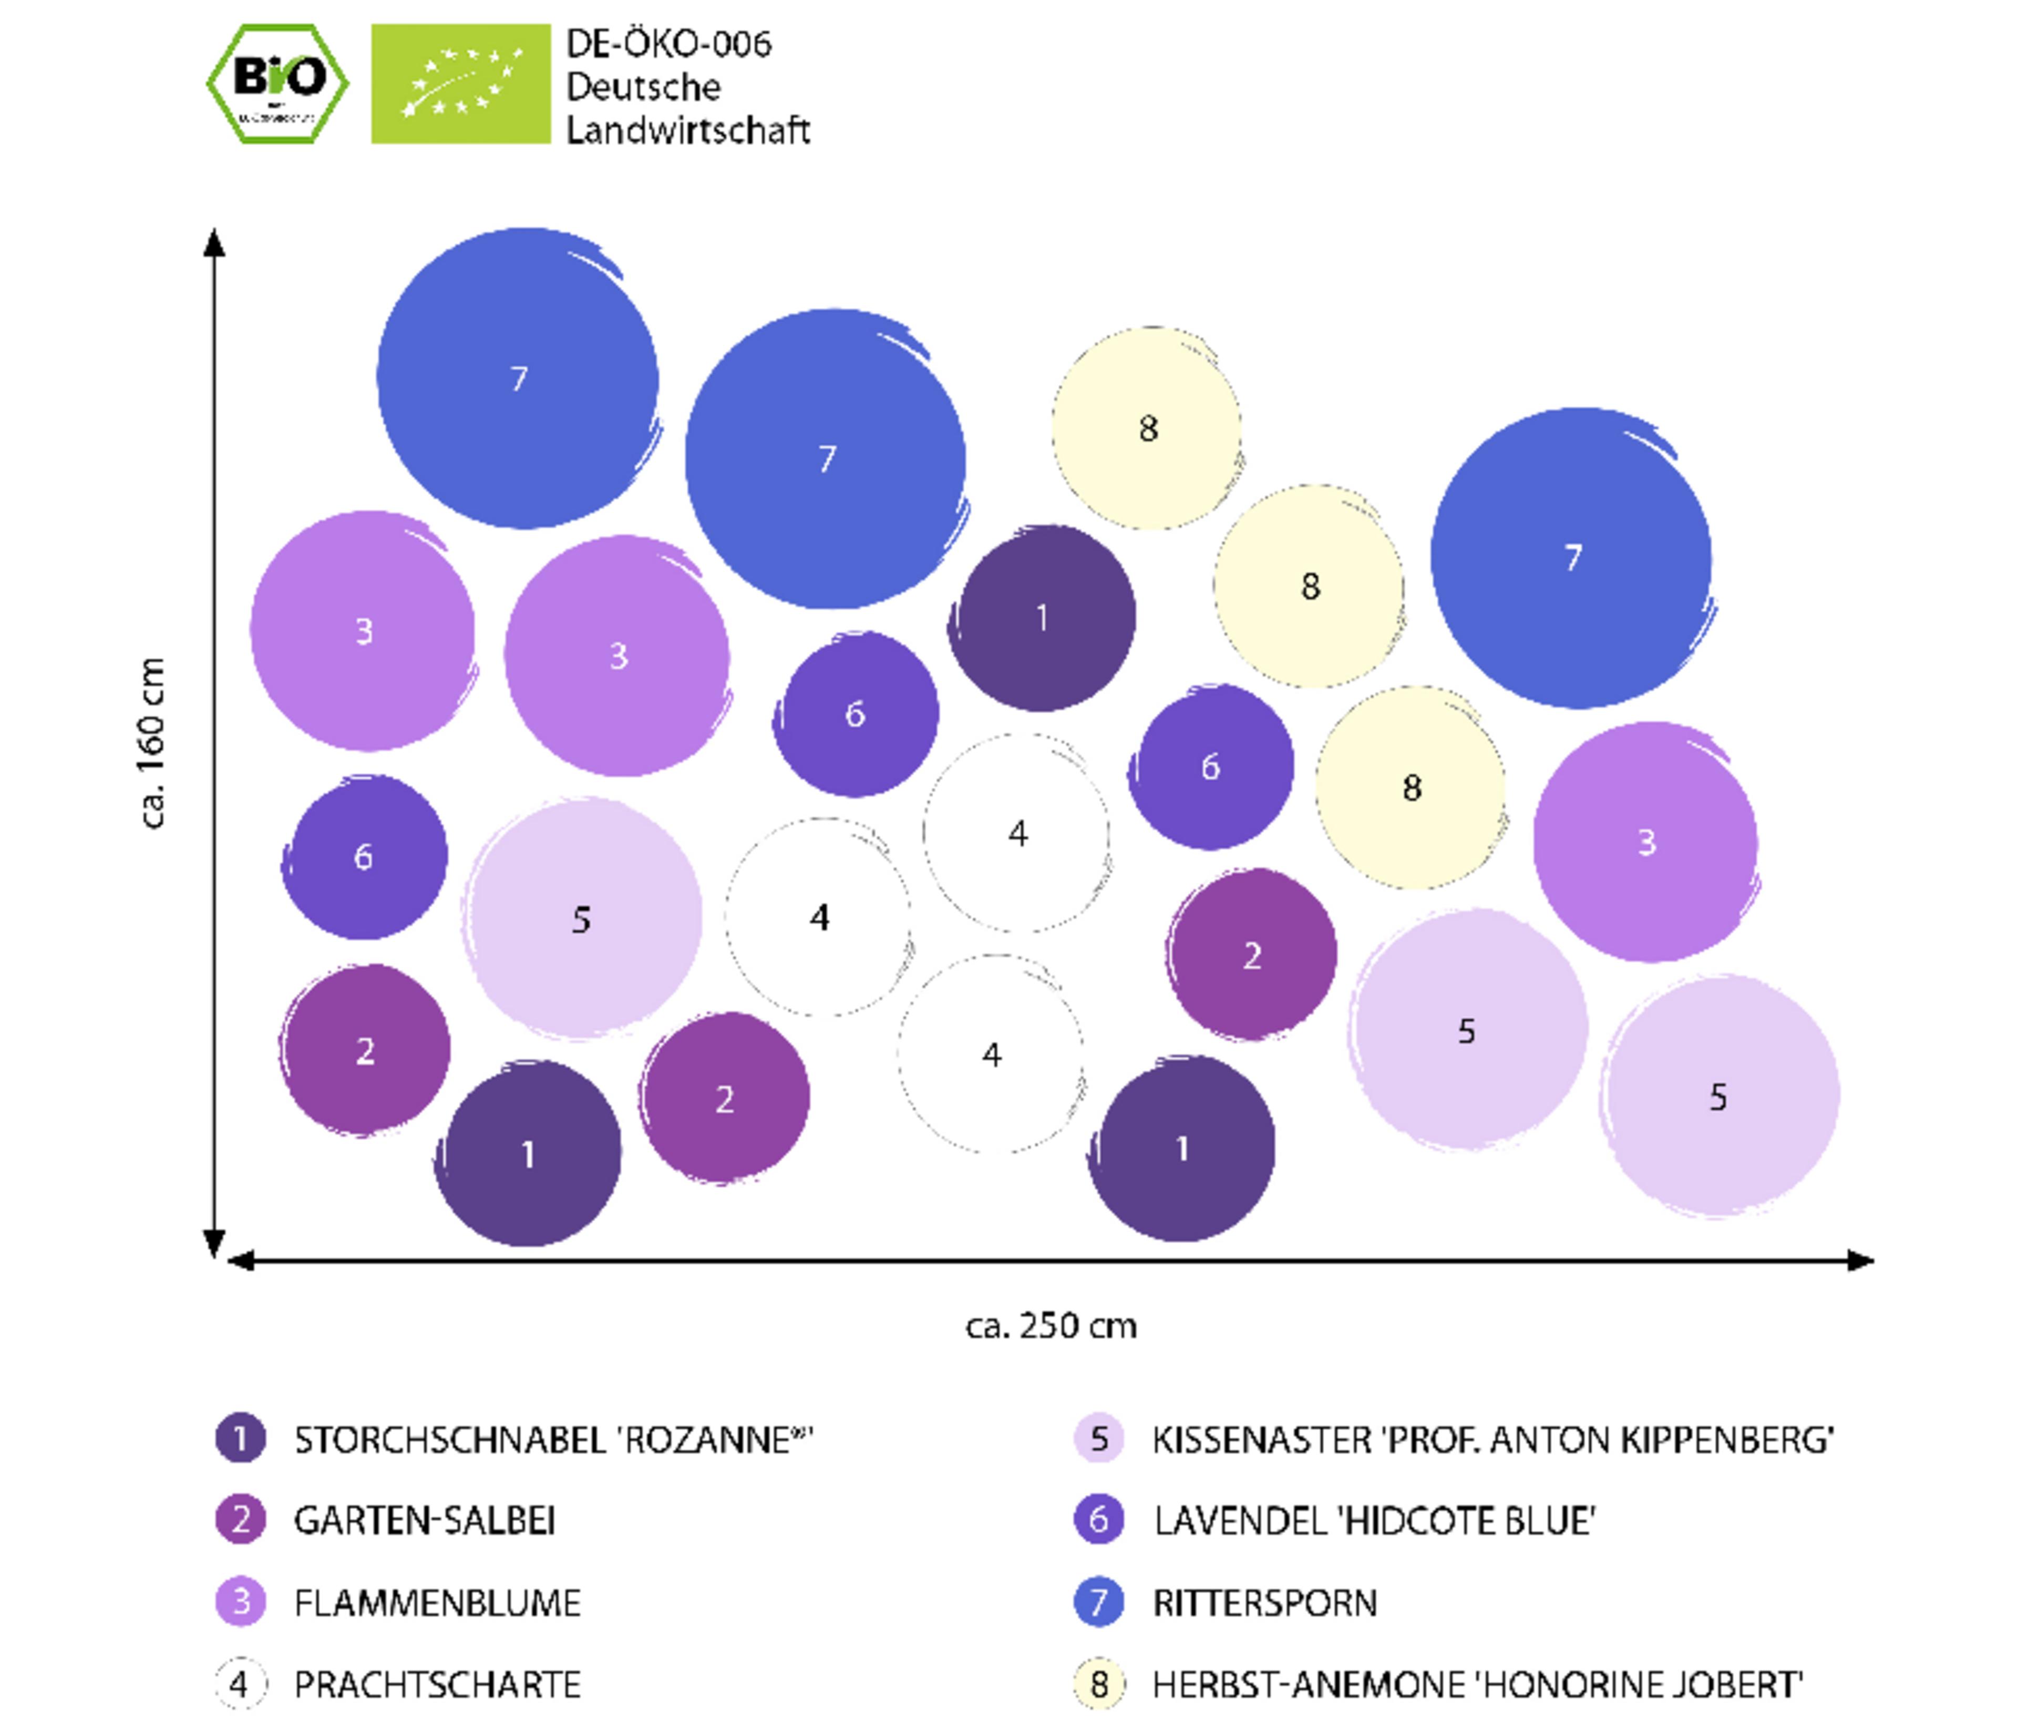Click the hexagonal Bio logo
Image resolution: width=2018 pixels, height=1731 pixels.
click(x=277, y=84)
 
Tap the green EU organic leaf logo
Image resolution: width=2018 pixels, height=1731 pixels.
click(x=461, y=84)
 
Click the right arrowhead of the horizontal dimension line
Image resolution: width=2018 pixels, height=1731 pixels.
click(x=1860, y=1261)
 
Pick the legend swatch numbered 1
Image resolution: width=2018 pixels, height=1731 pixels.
click(x=241, y=1438)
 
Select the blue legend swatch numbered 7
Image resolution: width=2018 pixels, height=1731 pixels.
click(x=1099, y=1602)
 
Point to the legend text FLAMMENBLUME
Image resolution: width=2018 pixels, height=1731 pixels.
click(x=437, y=1602)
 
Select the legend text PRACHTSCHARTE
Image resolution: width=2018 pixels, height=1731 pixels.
click(x=437, y=1684)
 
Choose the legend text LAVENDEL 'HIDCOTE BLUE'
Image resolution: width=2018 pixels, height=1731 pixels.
click(x=1374, y=1521)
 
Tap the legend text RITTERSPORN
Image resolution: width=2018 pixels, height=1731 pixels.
click(x=1265, y=1602)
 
